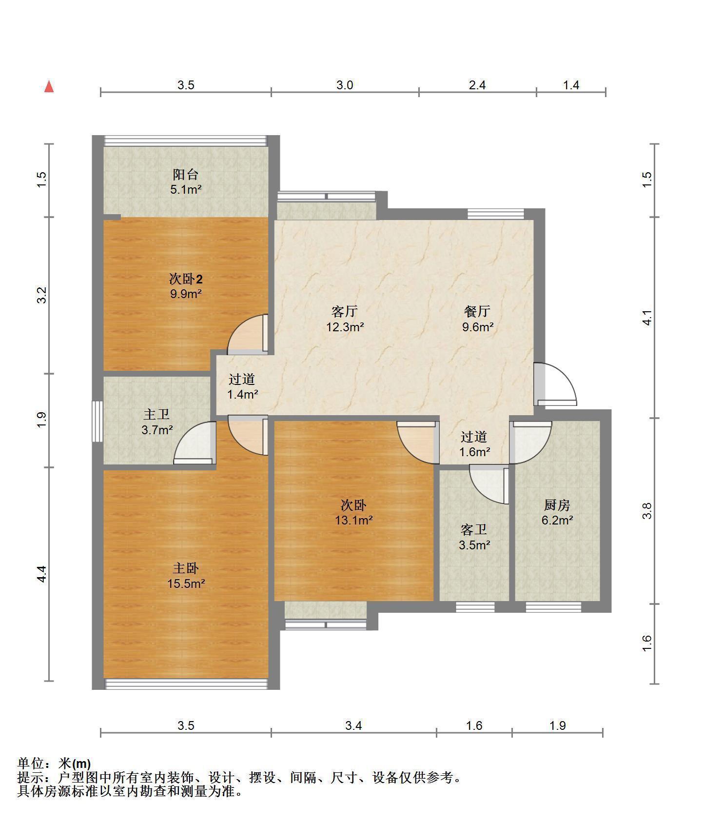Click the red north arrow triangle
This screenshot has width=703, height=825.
tap(49, 86)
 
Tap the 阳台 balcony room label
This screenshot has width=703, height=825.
tap(186, 174)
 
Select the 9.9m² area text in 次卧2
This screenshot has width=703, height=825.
tap(186, 294)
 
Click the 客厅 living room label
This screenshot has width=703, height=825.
tap(345, 311)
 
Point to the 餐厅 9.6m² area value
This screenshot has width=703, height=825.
tap(478, 327)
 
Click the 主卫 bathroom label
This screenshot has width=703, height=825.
tap(157, 415)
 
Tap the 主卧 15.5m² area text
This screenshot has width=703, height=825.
tap(186, 584)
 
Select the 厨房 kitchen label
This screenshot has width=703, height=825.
tap(557, 505)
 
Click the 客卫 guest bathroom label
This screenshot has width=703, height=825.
tap(474, 529)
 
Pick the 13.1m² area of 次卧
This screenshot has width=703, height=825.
tap(353, 521)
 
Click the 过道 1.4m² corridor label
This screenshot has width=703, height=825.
tap(242, 386)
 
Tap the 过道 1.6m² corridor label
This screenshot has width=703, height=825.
tap(474, 444)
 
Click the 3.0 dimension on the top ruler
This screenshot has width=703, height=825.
tap(345, 85)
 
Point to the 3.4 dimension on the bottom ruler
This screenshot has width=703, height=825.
tap(353, 726)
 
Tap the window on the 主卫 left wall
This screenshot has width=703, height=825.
tap(98, 422)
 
